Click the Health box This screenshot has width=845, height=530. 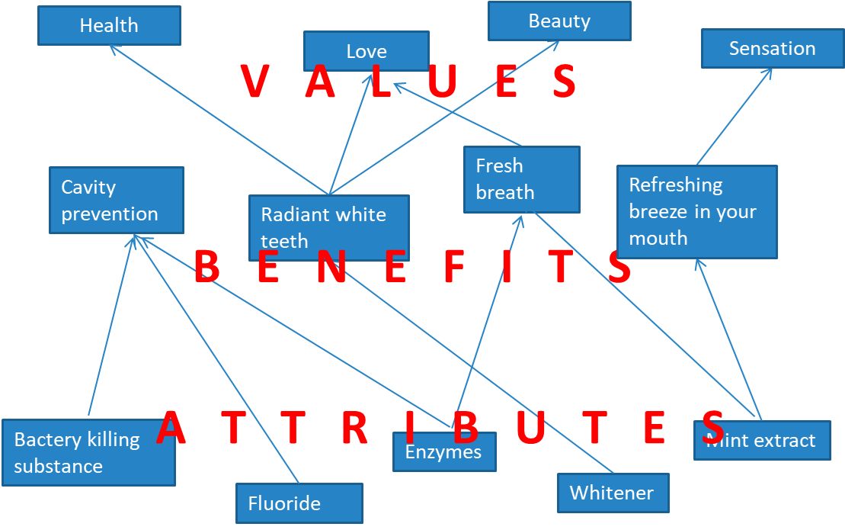click(109, 25)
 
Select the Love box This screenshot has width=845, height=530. click(366, 51)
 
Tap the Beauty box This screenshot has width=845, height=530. click(559, 21)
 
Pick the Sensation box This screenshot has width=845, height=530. click(772, 48)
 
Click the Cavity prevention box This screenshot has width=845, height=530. click(116, 200)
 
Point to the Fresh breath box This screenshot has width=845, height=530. click(522, 179)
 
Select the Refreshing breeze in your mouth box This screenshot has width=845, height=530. click(696, 211)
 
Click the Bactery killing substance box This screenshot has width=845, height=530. click(88, 452)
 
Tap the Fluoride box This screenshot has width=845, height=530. click(299, 503)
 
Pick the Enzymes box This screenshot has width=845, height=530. click(444, 452)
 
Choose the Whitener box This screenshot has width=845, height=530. click(613, 493)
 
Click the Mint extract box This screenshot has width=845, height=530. click(762, 440)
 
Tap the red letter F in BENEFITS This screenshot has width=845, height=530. click(454, 268)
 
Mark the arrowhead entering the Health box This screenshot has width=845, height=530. click(113, 47)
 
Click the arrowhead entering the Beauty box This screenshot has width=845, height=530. click(556, 44)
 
